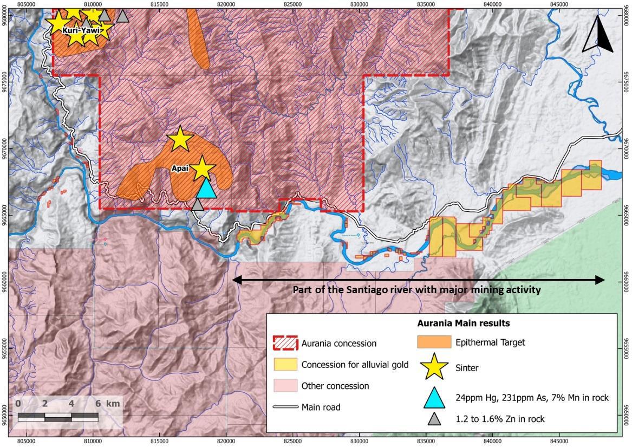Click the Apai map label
(180, 169)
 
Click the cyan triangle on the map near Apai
(206, 189)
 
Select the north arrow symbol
(597, 34)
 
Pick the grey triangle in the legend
(435, 418)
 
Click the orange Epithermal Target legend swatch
(435, 342)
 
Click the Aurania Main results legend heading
(463, 323)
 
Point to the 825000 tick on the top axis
(293, 3)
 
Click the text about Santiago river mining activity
(416, 290)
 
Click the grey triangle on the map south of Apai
(198, 205)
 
